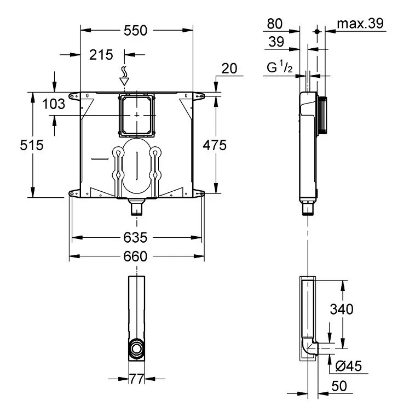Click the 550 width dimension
coord(135,31)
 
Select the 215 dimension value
coord(101,55)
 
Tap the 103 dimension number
coord(54,104)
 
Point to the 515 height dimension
coord(32,145)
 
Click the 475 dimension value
coord(215,145)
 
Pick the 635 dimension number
coord(135,237)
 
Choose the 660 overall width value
coord(135,256)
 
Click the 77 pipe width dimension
coord(136,379)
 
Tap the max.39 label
coord(360,24)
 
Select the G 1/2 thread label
coord(280,67)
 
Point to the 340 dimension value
coord(342,309)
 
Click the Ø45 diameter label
coord(348,366)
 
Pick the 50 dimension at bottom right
coord(339,386)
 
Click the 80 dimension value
coord(274,24)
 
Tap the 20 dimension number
coord(229,68)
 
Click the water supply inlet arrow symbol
coord(124,76)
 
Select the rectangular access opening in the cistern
coord(136,115)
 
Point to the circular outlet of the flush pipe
coord(137,349)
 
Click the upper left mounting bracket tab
coord(74,96)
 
